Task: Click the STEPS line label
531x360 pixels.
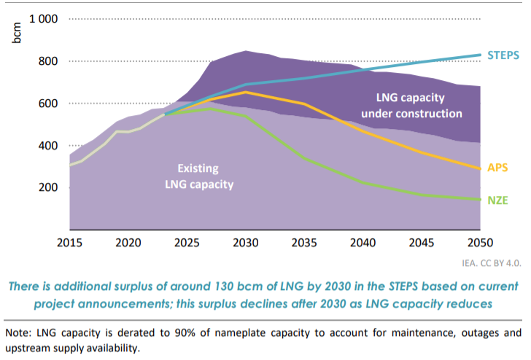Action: [x=503, y=54]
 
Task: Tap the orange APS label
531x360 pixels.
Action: [x=499, y=167]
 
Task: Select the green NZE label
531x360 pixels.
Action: [x=499, y=199]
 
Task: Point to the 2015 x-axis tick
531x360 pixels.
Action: [x=70, y=241]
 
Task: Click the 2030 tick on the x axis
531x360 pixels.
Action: [x=245, y=241]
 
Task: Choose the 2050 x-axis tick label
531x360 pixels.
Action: [x=478, y=241]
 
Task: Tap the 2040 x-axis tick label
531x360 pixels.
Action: [x=363, y=241]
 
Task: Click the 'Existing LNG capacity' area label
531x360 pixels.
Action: [x=198, y=176]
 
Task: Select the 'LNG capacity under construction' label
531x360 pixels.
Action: [x=419, y=105]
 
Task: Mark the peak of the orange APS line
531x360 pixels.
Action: [x=246, y=93]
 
